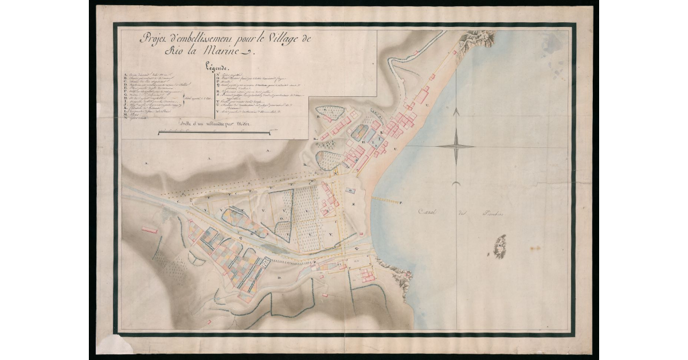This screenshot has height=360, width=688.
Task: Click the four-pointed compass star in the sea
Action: [x=456, y=146]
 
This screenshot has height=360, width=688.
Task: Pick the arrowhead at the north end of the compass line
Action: [x=456, y=113]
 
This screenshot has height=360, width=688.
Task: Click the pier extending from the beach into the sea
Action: [x=388, y=199]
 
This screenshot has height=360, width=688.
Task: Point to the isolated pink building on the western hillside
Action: [x=150, y=230]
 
